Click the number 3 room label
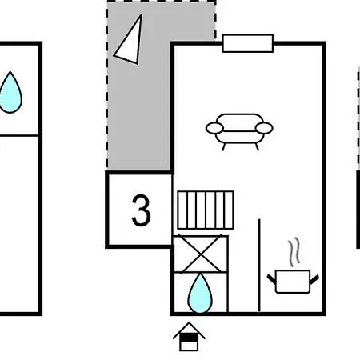point(141,210)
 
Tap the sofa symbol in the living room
point(239,131)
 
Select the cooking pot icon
point(293,282)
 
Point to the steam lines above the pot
point(294,252)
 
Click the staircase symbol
point(206,210)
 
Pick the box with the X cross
point(201,254)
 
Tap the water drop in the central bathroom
point(200,293)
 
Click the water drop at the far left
point(10,92)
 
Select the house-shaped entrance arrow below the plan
point(189,337)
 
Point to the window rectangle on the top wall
point(248,43)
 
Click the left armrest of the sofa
point(214,128)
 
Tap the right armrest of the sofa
point(264,128)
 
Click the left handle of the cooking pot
point(271,278)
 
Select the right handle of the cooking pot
point(314,279)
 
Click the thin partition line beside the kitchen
point(259,266)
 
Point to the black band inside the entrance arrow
point(189,338)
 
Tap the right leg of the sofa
point(257,146)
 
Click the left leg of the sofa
point(224,146)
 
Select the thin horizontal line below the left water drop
point(19,136)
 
